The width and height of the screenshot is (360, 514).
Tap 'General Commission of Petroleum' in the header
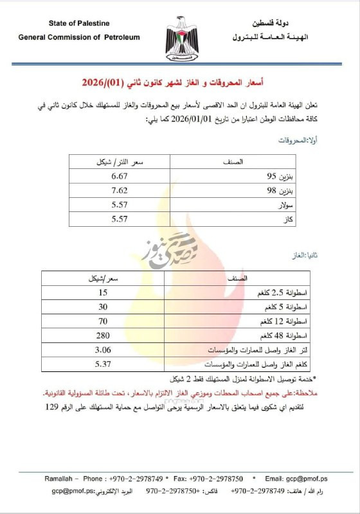point(79,37)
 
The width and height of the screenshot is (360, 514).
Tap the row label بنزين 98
point(281,191)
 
